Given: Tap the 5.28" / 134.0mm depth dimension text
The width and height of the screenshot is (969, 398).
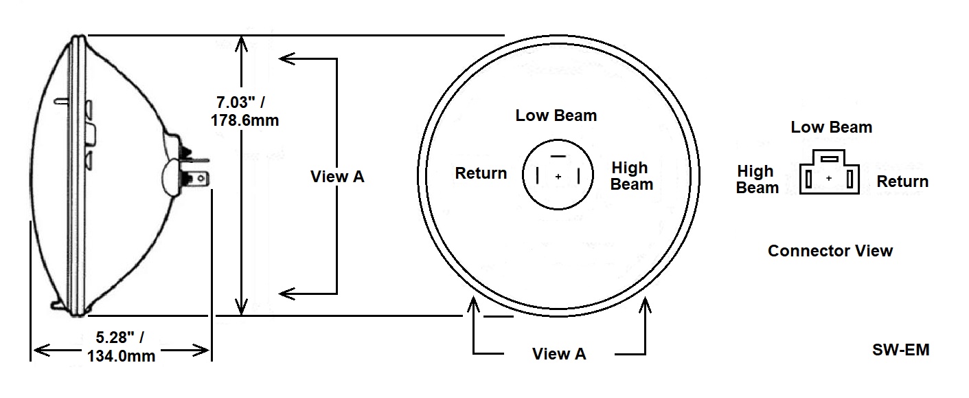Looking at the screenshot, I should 122,346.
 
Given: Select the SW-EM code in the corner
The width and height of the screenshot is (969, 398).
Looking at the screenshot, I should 900,350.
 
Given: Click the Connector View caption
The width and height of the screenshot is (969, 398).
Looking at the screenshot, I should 830,251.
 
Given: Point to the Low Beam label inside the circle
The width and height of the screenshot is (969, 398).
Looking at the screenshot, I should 556,115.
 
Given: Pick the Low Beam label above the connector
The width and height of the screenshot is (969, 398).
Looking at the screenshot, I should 831,127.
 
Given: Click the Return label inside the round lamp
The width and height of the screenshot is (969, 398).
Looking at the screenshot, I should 481,173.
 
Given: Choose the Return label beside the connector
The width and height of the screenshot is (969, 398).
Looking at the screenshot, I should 902,181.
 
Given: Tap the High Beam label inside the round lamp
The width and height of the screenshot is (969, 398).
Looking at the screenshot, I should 631,176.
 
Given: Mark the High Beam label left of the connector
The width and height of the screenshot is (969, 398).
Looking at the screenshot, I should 757,179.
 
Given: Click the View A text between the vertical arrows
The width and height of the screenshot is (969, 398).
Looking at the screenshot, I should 337,177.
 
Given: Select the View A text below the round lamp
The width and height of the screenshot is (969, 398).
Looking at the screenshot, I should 559,354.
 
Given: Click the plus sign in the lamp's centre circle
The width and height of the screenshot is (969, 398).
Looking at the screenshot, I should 558,177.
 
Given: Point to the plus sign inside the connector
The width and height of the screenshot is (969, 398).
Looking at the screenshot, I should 830,179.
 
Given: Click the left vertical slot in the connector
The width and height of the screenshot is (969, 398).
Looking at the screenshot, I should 809,180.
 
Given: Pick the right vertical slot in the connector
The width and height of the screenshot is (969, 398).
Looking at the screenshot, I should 850,180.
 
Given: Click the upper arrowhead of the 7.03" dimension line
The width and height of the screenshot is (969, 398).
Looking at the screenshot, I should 240,43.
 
